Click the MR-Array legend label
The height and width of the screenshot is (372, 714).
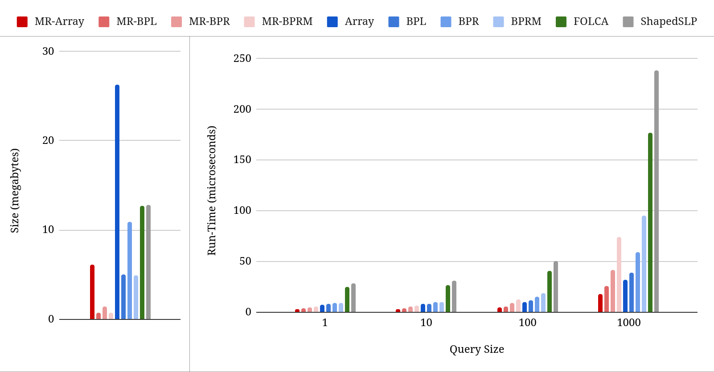click(x=59, y=21)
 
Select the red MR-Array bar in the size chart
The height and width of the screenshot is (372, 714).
click(x=92, y=292)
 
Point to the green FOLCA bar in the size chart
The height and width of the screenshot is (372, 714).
click(x=142, y=262)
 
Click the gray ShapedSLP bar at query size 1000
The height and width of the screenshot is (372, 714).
click(x=657, y=191)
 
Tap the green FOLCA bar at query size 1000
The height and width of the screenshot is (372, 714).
click(x=650, y=222)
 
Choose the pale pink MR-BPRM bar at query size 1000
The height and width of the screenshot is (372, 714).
click(x=619, y=274)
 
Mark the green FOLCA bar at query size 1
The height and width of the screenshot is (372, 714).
click(x=347, y=299)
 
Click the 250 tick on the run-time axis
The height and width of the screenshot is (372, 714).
click(x=242, y=58)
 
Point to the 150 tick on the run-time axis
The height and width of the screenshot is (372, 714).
click(x=242, y=159)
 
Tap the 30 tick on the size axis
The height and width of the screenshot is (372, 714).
click(x=48, y=51)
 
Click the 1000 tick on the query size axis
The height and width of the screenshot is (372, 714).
click(x=628, y=323)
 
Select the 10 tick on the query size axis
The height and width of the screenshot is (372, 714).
click(x=426, y=323)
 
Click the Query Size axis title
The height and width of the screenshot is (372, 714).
click(x=476, y=349)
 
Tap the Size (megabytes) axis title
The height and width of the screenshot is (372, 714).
click(x=15, y=191)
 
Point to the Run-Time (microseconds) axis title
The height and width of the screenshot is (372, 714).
click(x=212, y=191)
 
